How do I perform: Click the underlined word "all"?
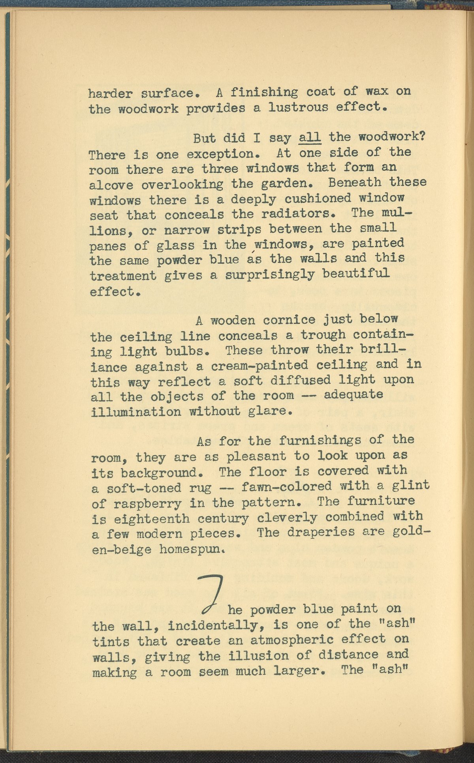310,138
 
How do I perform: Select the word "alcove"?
111,185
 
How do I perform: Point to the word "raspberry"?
148,504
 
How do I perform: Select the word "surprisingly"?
270,275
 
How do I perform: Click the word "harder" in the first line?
111,94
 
